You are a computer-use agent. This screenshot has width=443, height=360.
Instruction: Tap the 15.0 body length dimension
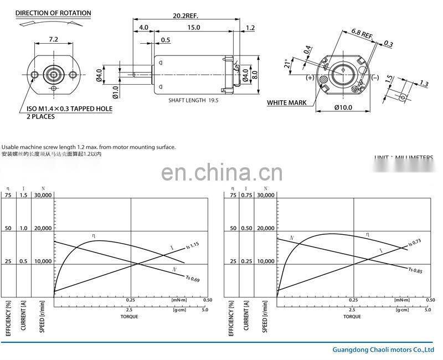(x=194, y=27)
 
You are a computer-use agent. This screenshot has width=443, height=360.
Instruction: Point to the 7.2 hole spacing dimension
(x=53, y=40)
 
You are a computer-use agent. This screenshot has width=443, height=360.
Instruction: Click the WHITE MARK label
(x=287, y=102)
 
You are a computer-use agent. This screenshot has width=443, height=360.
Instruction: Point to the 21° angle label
(x=286, y=65)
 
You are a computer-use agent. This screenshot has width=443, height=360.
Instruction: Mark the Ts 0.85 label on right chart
(x=415, y=270)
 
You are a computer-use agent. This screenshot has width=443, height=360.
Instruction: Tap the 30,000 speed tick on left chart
(x=43, y=195)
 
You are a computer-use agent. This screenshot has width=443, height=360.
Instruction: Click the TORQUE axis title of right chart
(x=352, y=317)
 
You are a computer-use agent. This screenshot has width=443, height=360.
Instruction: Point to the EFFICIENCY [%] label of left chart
(x=8, y=318)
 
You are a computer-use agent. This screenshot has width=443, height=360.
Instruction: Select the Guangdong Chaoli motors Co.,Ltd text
(x=383, y=350)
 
